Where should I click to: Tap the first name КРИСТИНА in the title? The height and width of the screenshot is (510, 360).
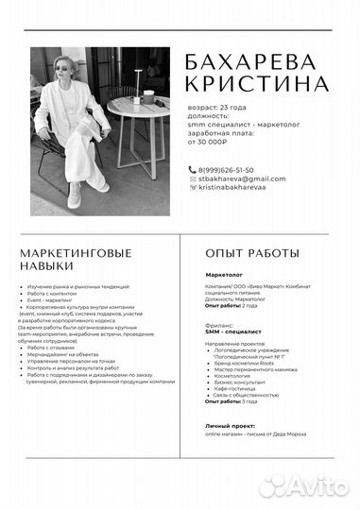point(256,85)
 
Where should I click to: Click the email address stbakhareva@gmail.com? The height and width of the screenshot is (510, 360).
point(241,178)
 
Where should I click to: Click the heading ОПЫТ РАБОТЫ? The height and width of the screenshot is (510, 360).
point(252,253)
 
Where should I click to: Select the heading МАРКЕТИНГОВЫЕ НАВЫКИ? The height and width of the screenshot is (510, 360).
point(76,260)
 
